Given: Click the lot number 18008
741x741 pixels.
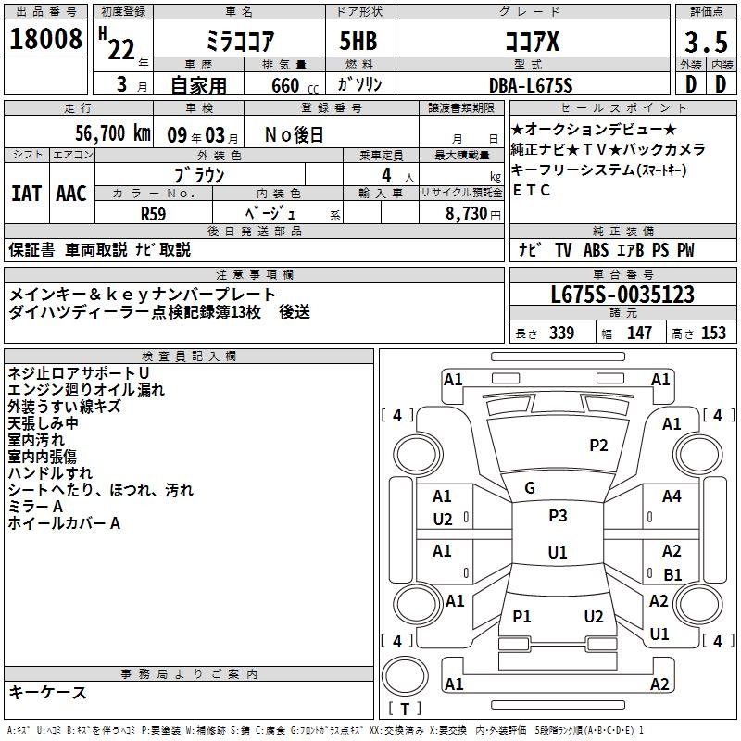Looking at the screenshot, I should point(45,41).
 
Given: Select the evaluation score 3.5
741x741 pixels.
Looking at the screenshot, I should point(705,42).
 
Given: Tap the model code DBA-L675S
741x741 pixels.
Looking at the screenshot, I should point(531,85).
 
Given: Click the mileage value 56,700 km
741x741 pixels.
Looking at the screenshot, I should point(112,133).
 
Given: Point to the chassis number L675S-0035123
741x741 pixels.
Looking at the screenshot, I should point(622,295).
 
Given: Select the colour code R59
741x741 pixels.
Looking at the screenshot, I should point(154,213).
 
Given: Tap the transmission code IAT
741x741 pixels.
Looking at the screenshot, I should point(26,194).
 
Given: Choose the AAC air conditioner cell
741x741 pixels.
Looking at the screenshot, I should point(71,194).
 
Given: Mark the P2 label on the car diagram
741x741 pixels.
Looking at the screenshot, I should point(598,446).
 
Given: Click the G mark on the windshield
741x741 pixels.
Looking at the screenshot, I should point(530,488).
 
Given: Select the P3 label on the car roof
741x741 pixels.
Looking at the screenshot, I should point(557,516).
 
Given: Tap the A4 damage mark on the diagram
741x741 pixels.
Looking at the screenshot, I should point(672,496).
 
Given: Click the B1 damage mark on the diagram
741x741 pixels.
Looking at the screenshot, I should point(672,574).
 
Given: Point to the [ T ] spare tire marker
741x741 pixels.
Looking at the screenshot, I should point(405,709).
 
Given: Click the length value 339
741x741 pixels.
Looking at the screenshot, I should point(561,333).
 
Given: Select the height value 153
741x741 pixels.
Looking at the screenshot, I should point(713,333).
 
